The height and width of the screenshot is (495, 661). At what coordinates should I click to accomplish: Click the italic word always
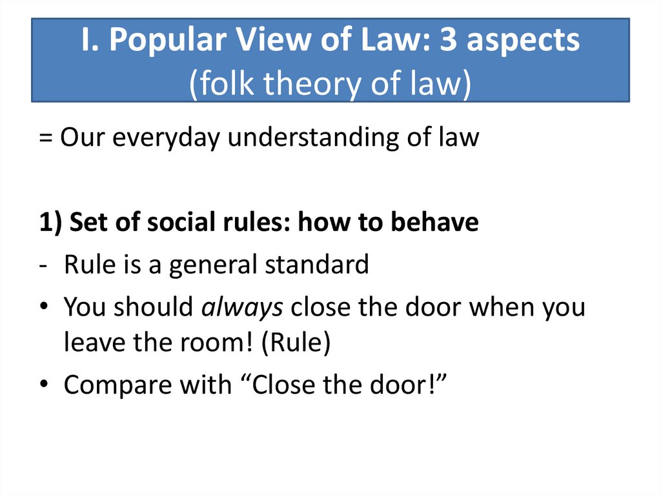pos(243,307)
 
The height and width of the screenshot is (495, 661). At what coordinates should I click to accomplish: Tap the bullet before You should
pos(46,308)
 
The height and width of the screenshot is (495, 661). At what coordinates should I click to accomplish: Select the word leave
pos(90,343)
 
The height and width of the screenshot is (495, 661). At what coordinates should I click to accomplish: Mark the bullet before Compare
pos(46,385)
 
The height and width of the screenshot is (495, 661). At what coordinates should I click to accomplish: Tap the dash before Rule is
pos(46,265)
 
